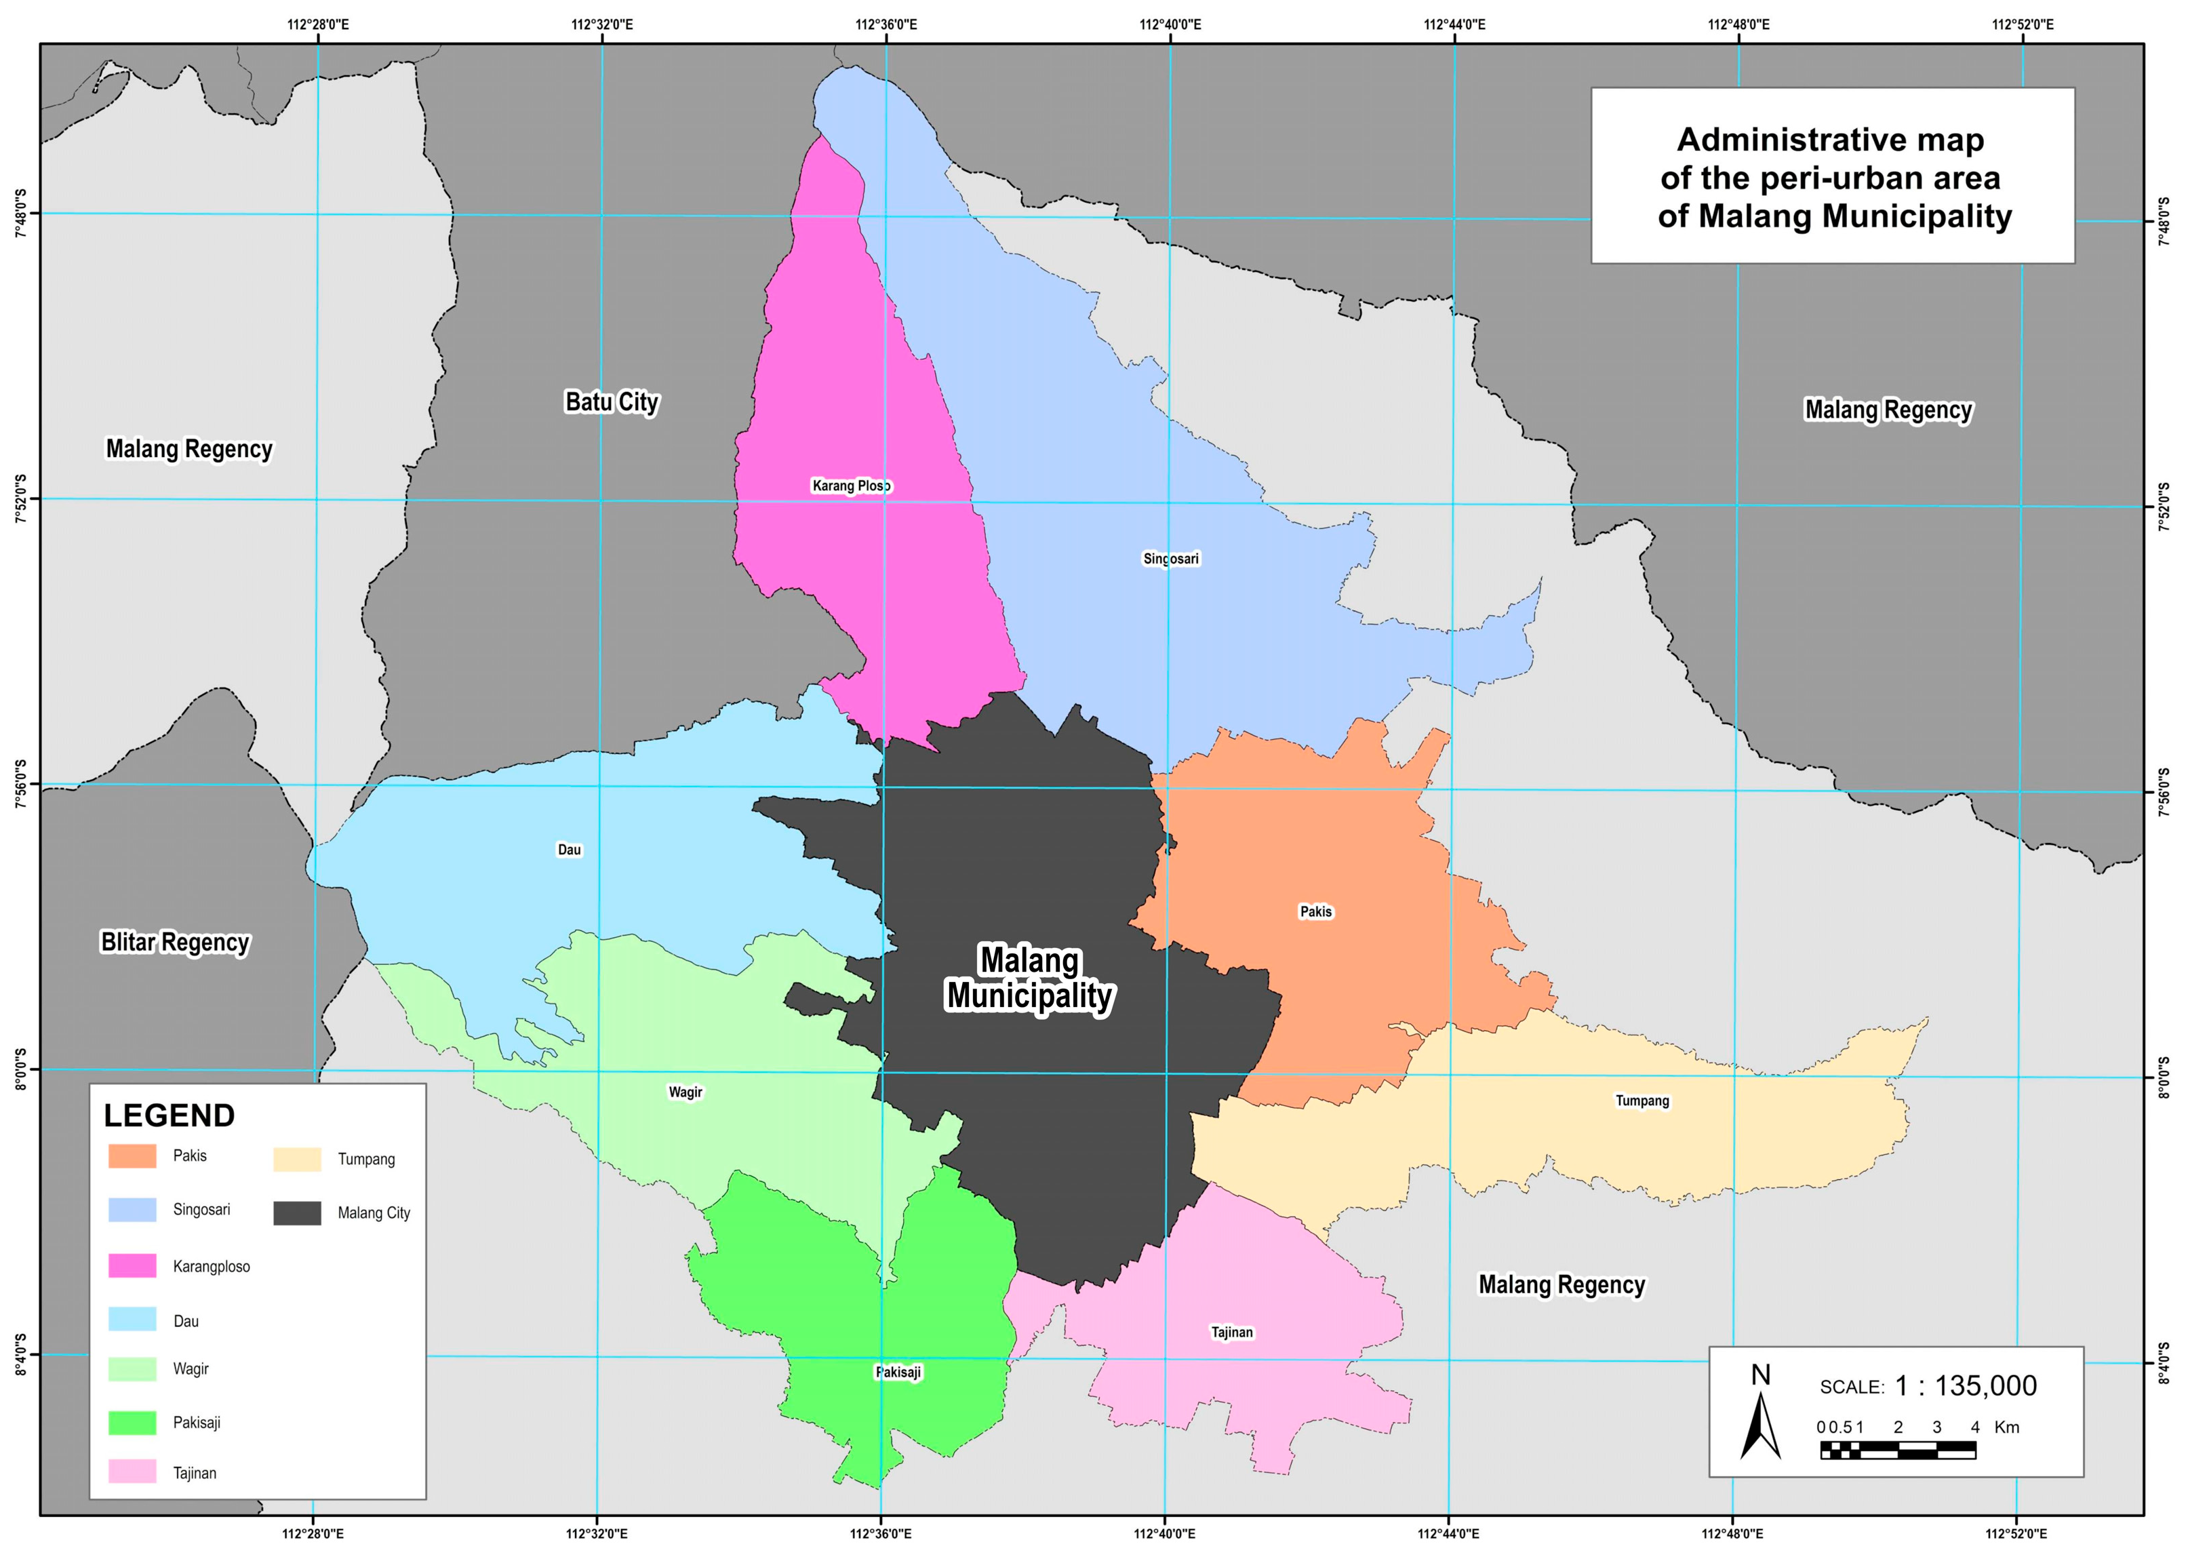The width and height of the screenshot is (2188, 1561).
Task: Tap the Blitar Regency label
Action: click(x=175, y=942)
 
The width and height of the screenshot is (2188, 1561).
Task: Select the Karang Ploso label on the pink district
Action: click(x=852, y=486)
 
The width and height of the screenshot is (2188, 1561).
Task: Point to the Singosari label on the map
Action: click(x=1170, y=559)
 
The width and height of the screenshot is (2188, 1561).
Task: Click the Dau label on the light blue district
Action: click(x=569, y=850)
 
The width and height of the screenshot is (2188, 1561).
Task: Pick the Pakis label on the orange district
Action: click(x=1315, y=911)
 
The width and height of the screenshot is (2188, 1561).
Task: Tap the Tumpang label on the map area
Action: click(x=1642, y=1101)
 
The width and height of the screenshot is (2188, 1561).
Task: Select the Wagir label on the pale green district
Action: click(x=685, y=1092)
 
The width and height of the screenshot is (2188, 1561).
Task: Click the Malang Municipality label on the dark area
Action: click(x=1029, y=978)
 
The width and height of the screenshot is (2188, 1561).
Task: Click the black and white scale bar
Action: click(x=1897, y=1450)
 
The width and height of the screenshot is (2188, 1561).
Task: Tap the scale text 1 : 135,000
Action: click(x=1965, y=1385)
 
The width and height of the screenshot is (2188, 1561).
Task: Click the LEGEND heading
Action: click(x=169, y=1115)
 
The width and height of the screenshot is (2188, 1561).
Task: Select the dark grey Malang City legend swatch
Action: click(x=297, y=1213)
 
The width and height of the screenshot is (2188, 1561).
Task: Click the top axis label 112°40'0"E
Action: click(x=1170, y=24)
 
